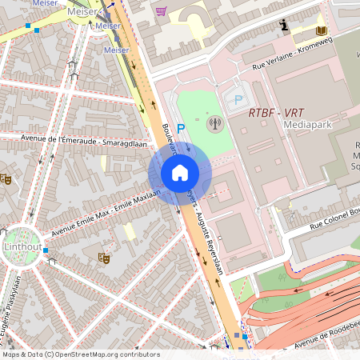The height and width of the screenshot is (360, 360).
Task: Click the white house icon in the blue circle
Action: tap(180, 173)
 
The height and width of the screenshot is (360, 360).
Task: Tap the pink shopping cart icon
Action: tap(161, 11)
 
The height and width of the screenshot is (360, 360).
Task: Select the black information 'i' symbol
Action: tap(283, 26)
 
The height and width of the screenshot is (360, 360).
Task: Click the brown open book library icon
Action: tap(321, 30)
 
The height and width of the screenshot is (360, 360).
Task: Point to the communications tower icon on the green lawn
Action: tap(214, 123)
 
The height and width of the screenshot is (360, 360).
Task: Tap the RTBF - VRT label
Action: tap(272, 113)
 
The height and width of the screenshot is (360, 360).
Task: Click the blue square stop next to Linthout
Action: tap(46, 250)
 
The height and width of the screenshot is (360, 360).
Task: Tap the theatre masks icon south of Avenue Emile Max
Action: tap(102, 258)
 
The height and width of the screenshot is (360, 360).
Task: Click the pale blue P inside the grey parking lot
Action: tap(238, 100)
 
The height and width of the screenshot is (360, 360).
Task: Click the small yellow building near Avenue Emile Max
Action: tap(128, 232)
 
